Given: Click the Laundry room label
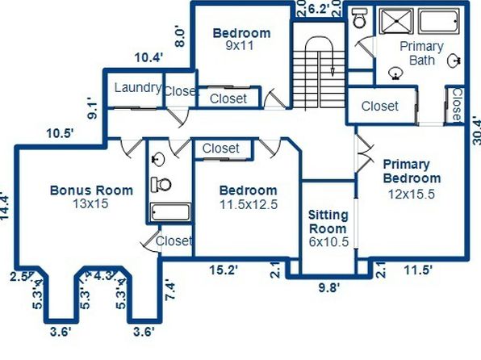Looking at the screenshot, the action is (138, 88).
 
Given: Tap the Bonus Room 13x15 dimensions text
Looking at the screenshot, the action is (90, 203).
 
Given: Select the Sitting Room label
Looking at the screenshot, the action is (328, 222).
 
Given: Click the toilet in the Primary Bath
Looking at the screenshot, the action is (359, 19).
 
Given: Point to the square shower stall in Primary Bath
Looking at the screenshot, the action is (396, 21).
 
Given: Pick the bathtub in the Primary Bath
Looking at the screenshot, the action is (439, 21).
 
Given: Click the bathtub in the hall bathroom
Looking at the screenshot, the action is (170, 212).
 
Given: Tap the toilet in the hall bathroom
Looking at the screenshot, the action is (161, 185).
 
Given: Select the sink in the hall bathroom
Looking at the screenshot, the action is (158, 159).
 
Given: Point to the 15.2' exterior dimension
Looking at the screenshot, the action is (224, 270).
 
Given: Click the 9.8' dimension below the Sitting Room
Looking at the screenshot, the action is (329, 288).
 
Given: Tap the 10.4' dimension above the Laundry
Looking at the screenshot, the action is (148, 57).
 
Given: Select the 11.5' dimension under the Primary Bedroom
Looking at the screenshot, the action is (418, 270).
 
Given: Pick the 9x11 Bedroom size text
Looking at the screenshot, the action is (240, 46).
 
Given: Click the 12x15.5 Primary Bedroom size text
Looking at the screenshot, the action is (412, 194).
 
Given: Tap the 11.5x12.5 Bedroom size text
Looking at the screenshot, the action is (249, 204).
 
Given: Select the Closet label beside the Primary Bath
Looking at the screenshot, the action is (380, 107).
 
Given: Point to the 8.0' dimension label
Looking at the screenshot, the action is (180, 37).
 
